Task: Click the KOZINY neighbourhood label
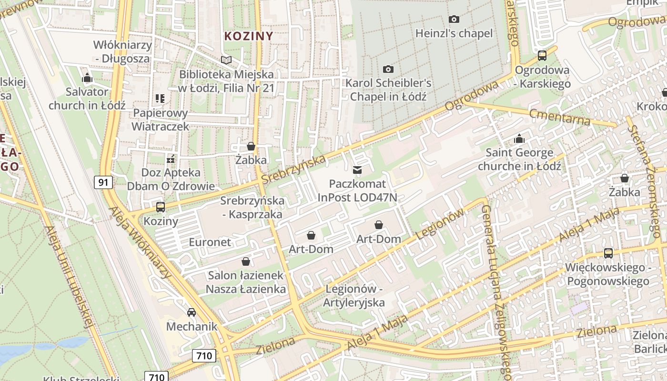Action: [x=249, y=36]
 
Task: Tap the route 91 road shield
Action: [x=103, y=182]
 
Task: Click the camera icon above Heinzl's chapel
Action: [x=454, y=20]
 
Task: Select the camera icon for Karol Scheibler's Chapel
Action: [x=388, y=70]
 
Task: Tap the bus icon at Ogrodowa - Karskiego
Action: [x=542, y=56]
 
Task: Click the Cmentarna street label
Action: [x=559, y=116]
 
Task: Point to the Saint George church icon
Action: [x=519, y=139]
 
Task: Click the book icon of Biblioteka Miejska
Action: [x=226, y=60]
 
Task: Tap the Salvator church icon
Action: [x=87, y=78]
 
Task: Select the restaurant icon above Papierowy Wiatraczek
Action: [x=160, y=99]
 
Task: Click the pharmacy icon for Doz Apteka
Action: [x=171, y=159]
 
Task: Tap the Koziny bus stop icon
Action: [x=161, y=207]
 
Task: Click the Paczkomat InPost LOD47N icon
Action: [x=357, y=170]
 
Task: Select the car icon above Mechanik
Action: [x=192, y=312]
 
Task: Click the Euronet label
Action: [x=210, y=242]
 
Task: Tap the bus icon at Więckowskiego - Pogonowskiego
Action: [x=608, y=253]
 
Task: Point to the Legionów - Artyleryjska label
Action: [x=354, y=295]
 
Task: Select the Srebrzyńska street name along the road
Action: [x=293, y=169]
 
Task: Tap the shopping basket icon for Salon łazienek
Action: [x=246, y=261]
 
